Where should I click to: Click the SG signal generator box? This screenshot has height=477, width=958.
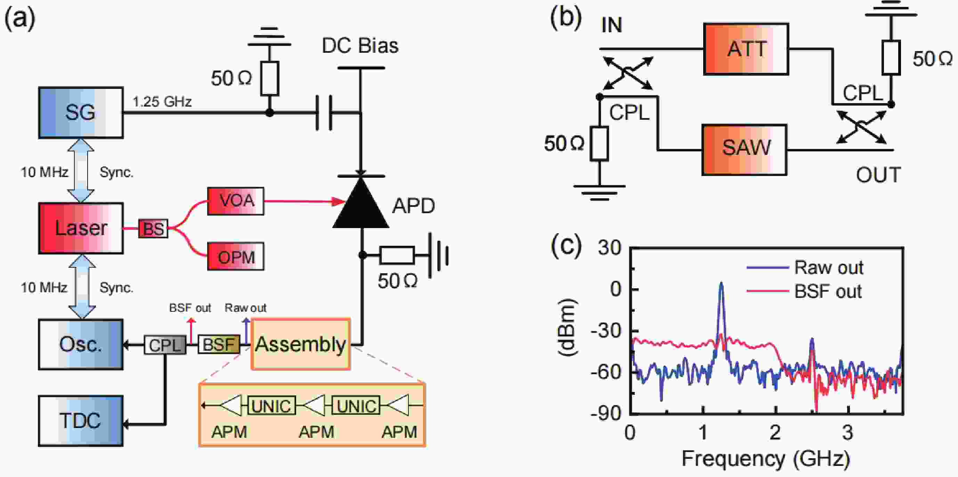pyautogui.click(x=81, y=112)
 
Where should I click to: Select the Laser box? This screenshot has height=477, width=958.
pyautogui.click(x=81, y=228)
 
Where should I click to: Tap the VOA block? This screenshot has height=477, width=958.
pyautogui.click(x=236, y=201)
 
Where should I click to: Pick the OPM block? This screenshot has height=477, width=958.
pyautogui.click(x=236, y=256)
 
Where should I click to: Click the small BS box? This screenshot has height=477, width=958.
pyautogui.click(x=153, y=228)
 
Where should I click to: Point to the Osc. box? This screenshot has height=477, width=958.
pyautogui.click(x=81, y=344)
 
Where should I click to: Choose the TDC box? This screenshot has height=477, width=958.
pyautogui.click(x=81, y=420)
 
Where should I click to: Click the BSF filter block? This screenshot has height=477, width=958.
pyautogui.click(x=219, y=345)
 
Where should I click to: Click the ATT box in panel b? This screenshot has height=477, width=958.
pyautogui.click(x=746, y=49)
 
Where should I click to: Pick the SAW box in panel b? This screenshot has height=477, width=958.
pyautogui.click(x=744, y=150)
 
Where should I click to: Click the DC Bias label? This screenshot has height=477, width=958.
pyautogui.click(x=360, y=46)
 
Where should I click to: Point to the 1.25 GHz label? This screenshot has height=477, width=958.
pyautogui.click(x=162, y=101)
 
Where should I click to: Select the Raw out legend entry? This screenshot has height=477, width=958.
pyautogui.click(x=805, y=267)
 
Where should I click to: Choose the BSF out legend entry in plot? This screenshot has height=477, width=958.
pyautogui.click(x=804, y=291)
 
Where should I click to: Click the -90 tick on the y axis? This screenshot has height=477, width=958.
pyautogui.click(x=606, y=413)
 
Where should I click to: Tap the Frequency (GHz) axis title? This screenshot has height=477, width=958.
pyautogui.click(x=766, y=459)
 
